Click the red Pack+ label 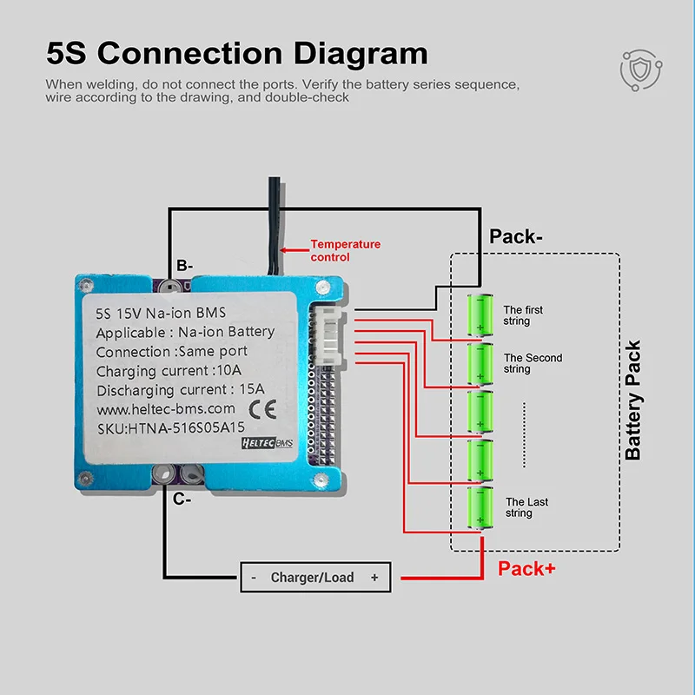[x=526, y=569]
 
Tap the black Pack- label [x=515, y=236]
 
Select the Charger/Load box [x=315, y=577]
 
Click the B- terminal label [x=184, y=266]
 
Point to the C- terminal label [x=182, y=499]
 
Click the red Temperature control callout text [x=345, y=250]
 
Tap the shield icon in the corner [x=641, y=70]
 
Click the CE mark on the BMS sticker [x=263, y=409]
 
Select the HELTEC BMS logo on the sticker [x=268, y=443]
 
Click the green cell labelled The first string [x=480, y=314]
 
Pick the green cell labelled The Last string [x=480, y=507]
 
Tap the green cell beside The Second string [x=480, y=363]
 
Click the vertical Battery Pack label [x=633, y=400]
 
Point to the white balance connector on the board [x=328, y=335]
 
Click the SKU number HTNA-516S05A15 [x=186, y=428]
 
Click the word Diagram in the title [x=361, y=53]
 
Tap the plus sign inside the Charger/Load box [x=374, y=577]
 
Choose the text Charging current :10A [x=169, y=371]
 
